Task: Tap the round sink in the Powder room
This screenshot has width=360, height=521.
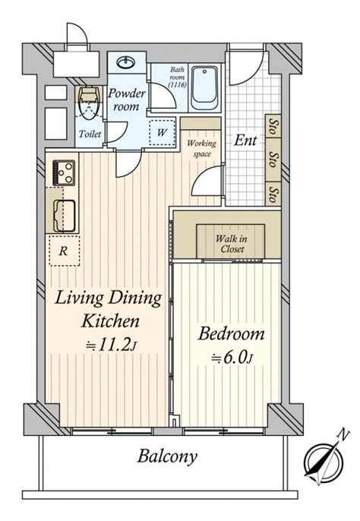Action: (x=126, y=62)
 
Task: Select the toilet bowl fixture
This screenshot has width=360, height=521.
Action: (x=88, y=103)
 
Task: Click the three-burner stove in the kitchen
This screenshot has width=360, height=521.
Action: (x=64, y=172)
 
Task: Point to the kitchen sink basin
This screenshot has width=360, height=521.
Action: (x=64, y=216)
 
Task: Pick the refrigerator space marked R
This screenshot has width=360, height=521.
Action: (x=64, y=251)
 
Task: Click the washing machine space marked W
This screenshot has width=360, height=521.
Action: (x=162, y=132)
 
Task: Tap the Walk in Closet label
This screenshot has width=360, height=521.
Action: (x=231, y=244)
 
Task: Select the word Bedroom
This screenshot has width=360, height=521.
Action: (x=231, y=333)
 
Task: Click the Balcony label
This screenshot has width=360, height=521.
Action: (x=167, y=457)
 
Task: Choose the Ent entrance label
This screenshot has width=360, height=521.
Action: (x=245, y=141)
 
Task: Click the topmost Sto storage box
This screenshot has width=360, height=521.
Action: (x=273, y=125)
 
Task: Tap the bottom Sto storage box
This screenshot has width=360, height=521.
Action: (x=273, y=194)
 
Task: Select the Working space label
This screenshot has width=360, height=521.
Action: (x=201, y=148)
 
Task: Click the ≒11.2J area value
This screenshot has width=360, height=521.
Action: (x=111, y=346)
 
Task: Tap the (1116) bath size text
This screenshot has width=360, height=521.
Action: (x=178, y=85)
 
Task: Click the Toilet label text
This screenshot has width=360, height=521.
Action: (x=90, y=134)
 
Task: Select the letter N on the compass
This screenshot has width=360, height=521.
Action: (x=343, y=434)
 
